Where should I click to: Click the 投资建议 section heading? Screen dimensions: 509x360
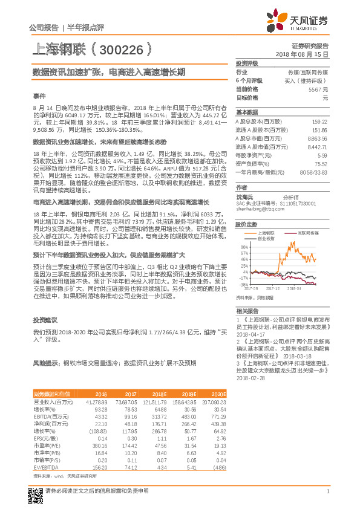45,320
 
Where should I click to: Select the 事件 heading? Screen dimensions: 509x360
39,96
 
